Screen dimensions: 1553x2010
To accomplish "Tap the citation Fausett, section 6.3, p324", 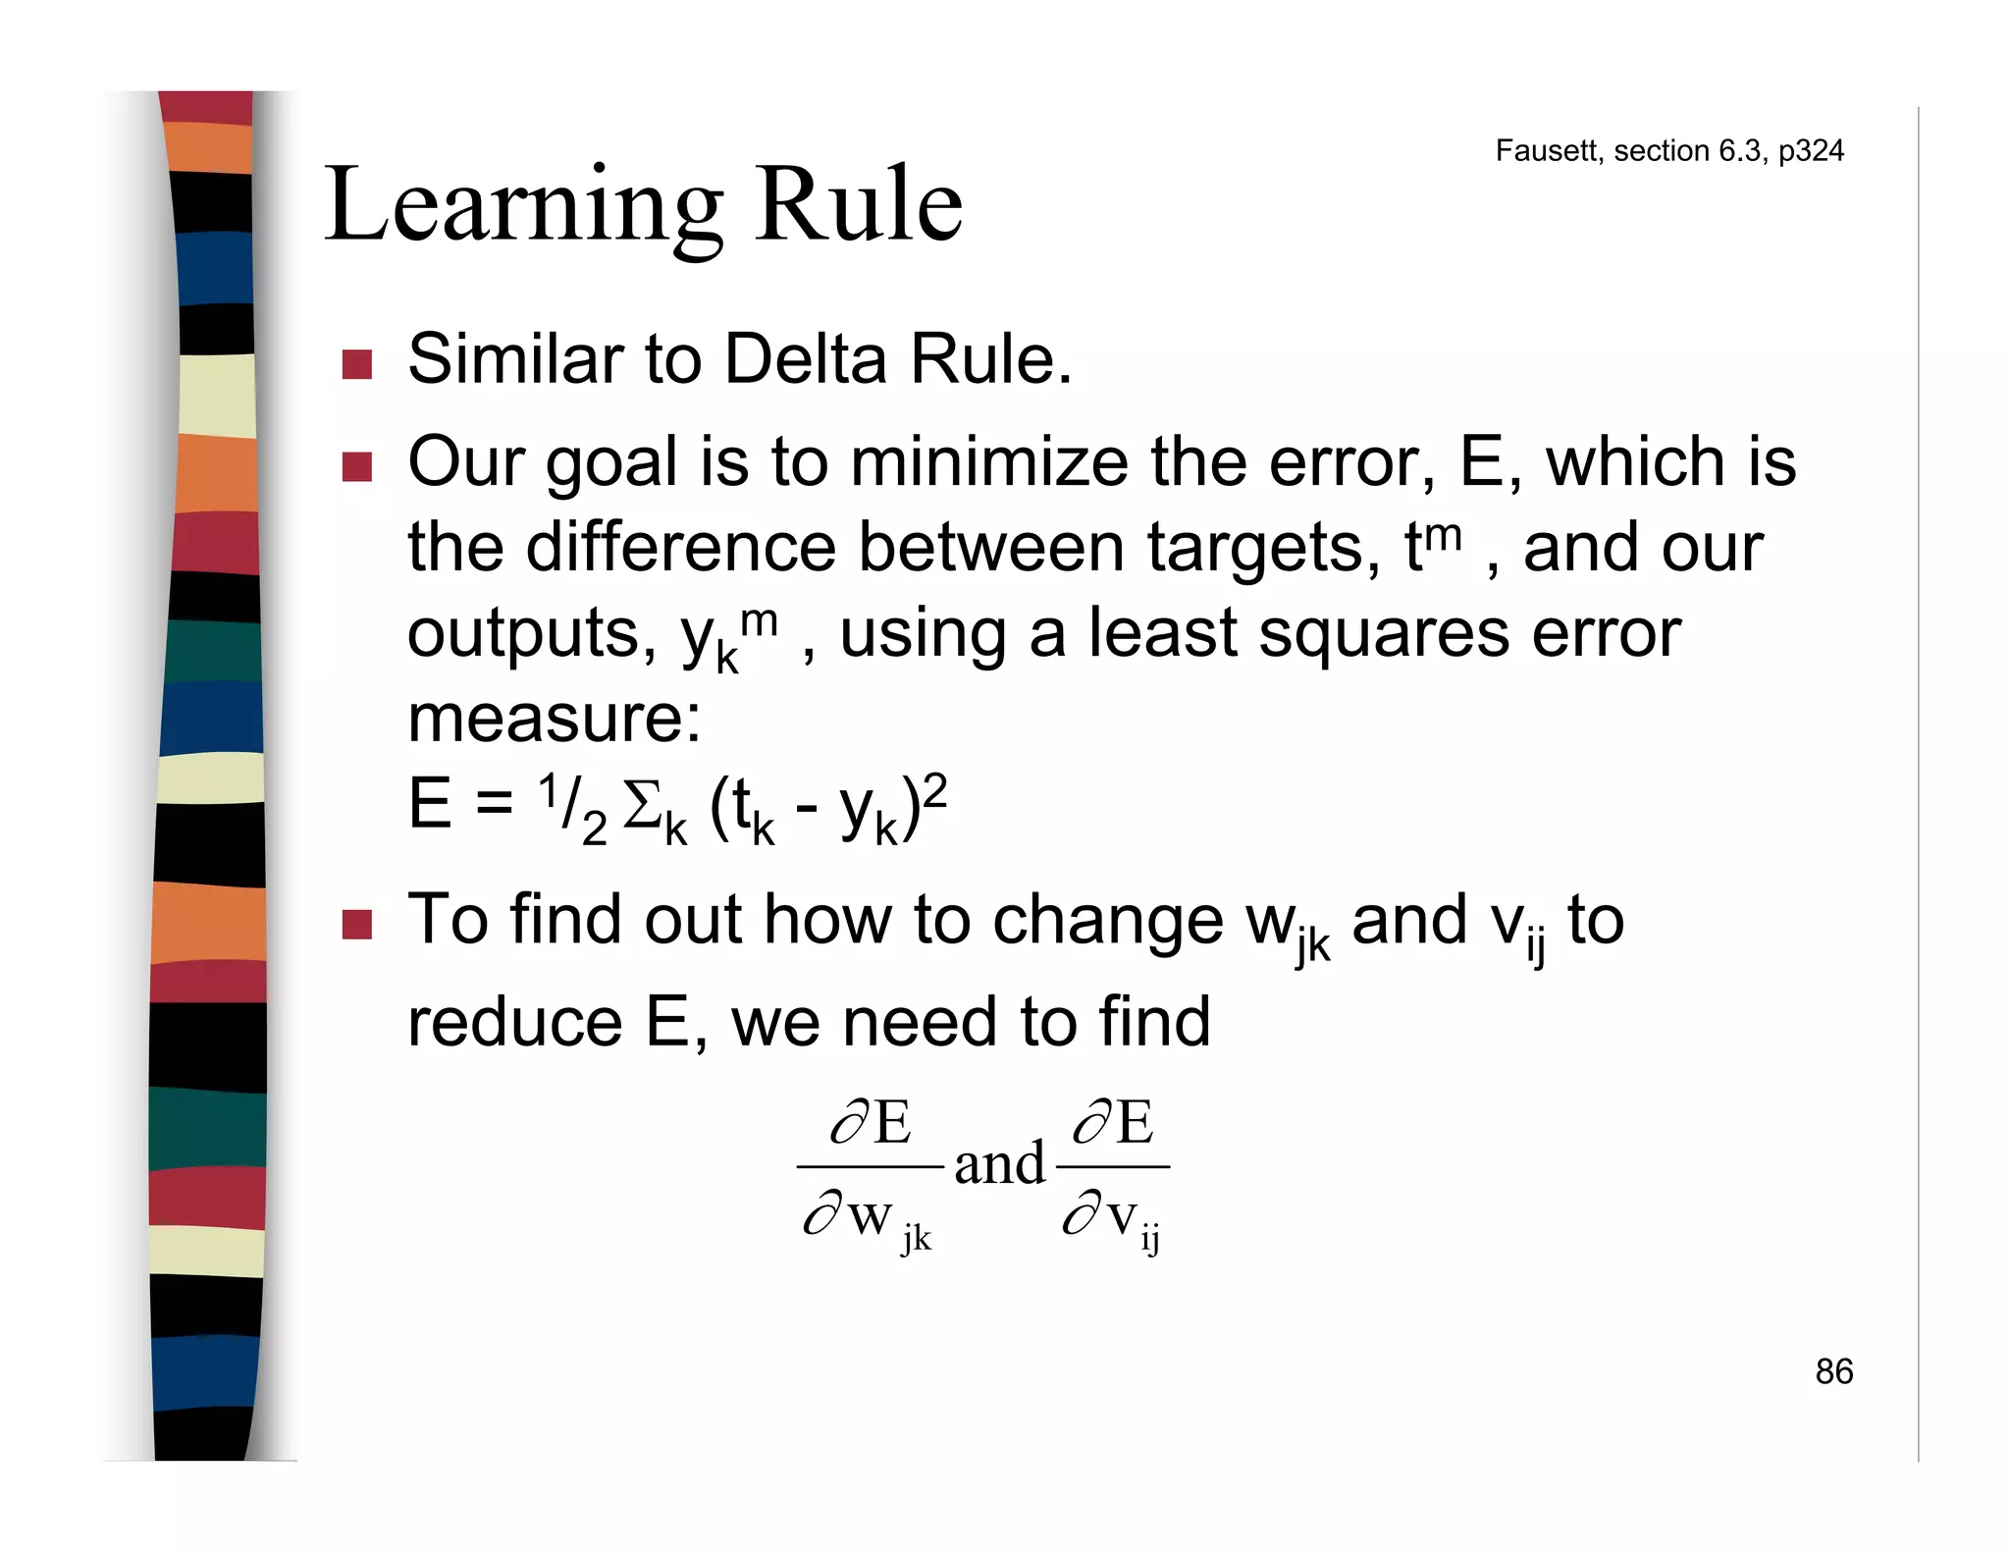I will coord(1668,150).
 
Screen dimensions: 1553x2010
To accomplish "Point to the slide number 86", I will coord(1833,1371).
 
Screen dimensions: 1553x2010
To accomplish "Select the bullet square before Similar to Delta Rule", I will coord(356,364).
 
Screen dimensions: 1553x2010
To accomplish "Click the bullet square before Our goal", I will coord(356,466).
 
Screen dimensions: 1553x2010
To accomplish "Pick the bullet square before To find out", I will coord(356,925).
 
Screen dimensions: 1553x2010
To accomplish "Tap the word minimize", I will coord(989,462).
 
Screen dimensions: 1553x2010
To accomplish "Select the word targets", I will coord(1263,547).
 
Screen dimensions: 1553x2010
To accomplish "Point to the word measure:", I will coord(555,719).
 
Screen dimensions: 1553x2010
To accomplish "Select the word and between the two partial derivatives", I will coord(999,1165).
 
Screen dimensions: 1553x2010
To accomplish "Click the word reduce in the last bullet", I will coord(514,1022).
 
